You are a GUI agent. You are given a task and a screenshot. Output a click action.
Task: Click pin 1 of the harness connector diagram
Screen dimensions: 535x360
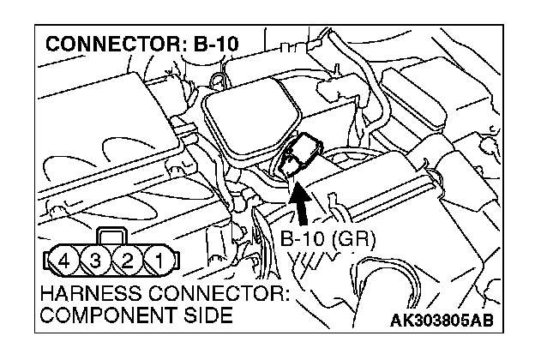(x=159, y=257)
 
